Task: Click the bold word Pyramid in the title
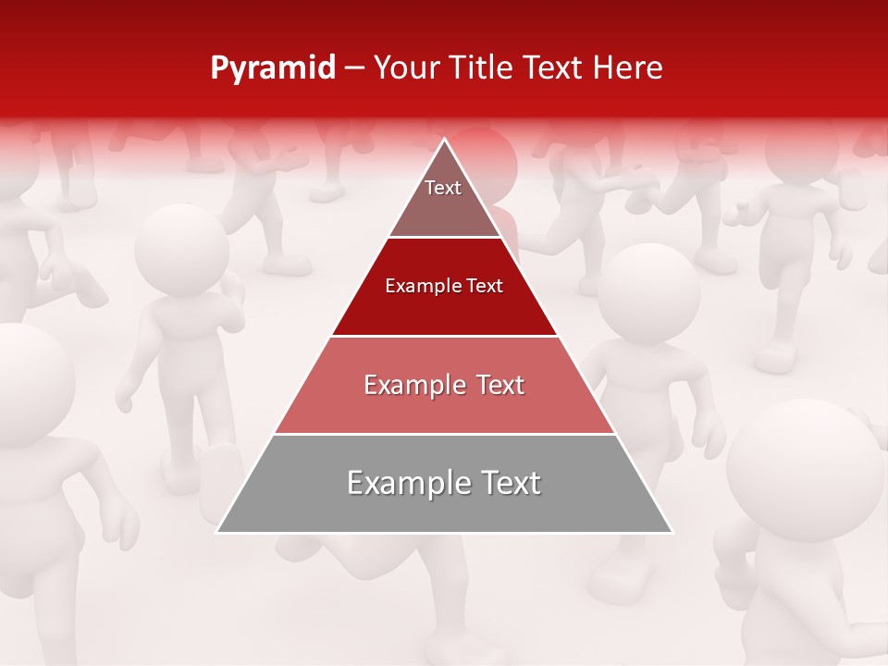point(273,68)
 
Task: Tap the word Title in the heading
point(482,68)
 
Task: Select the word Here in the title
point(627,68)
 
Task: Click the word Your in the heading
point(408,68)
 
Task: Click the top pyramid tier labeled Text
point(443,199)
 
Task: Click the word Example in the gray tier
point(403,484)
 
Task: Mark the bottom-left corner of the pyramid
point(217,532)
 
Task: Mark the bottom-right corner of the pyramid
point(672,532)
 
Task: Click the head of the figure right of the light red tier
point(647,292)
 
